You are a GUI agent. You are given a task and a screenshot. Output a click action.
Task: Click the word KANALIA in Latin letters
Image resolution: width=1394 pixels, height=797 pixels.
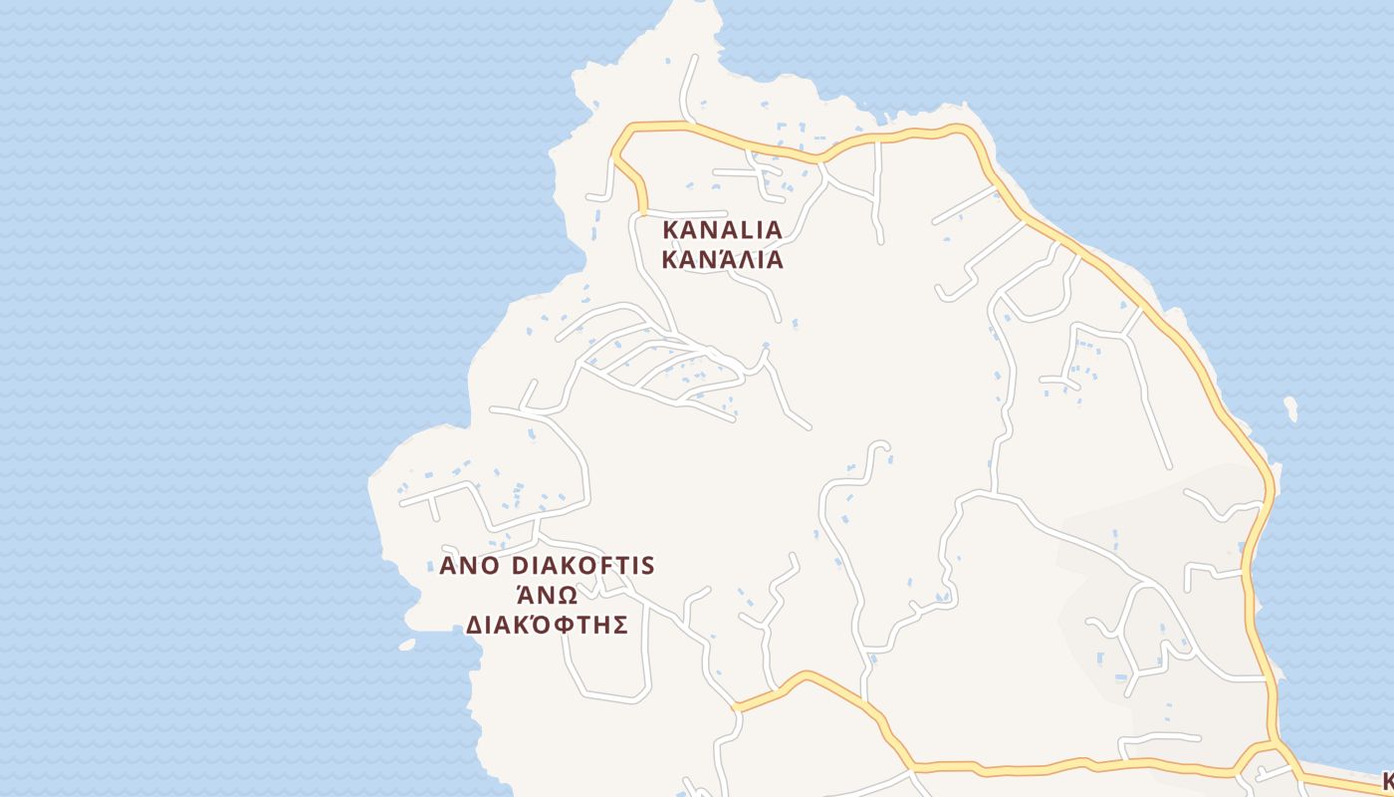pyautogui.click(x=722, y=229)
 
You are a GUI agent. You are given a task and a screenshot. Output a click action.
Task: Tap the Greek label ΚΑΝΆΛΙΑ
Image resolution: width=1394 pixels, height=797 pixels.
pyautogui.click(x=722, y=261)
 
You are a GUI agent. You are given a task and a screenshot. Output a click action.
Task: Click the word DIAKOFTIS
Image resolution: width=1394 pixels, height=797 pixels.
pyautogui.click(x=582, y=566)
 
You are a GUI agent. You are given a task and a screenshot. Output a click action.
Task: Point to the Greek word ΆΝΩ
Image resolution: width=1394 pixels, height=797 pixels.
pyautogui.click(x=546, y=595)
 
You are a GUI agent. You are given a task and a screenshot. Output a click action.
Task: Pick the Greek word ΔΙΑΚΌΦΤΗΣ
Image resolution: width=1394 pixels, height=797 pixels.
pyautogui.click(x=547, y=625)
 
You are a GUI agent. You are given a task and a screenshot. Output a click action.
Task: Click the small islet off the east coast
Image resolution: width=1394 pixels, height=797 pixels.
pyautogui.click(x=1291, y=408)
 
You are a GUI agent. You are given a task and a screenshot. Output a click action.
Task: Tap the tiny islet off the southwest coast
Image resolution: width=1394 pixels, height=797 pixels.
pyautogui.click(x=407, y=645)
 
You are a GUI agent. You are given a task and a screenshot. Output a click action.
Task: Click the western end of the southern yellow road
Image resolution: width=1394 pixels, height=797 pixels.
pyautogui.click(x=735, y=707)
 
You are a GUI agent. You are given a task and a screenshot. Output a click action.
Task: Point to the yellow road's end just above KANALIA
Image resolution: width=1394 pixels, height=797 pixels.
pyautogui.click(x=642, y=211)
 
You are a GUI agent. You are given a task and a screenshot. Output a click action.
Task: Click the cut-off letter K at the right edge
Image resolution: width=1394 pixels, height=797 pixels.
pyautogui.click(x=1387, y=779)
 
